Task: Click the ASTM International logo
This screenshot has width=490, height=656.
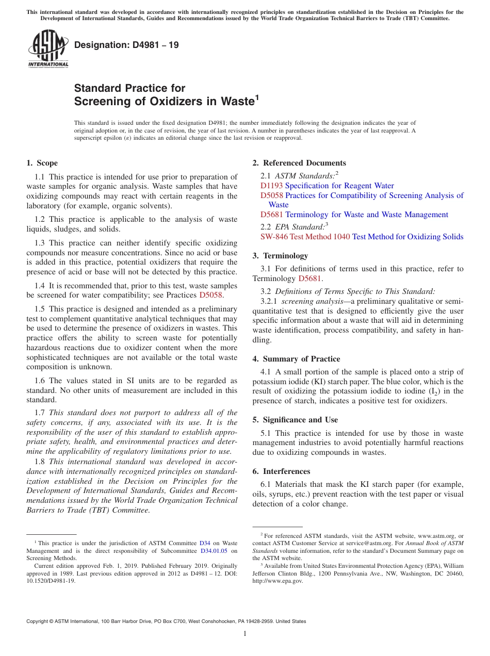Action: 48,48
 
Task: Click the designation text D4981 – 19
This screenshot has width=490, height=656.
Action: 126,45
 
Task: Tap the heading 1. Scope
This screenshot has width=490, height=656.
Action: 42,163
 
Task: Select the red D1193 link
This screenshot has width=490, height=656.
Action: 271,186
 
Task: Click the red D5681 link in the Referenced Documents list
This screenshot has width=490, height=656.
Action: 271,215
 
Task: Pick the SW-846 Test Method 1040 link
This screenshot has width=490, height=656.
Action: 305,237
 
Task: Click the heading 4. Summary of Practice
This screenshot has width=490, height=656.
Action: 296,359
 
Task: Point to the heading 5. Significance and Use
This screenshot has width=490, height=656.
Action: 295,420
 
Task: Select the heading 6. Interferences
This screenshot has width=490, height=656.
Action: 281,471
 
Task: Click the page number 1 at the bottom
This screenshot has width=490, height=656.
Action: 245,634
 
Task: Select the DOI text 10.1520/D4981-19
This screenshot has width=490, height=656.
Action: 51,581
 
